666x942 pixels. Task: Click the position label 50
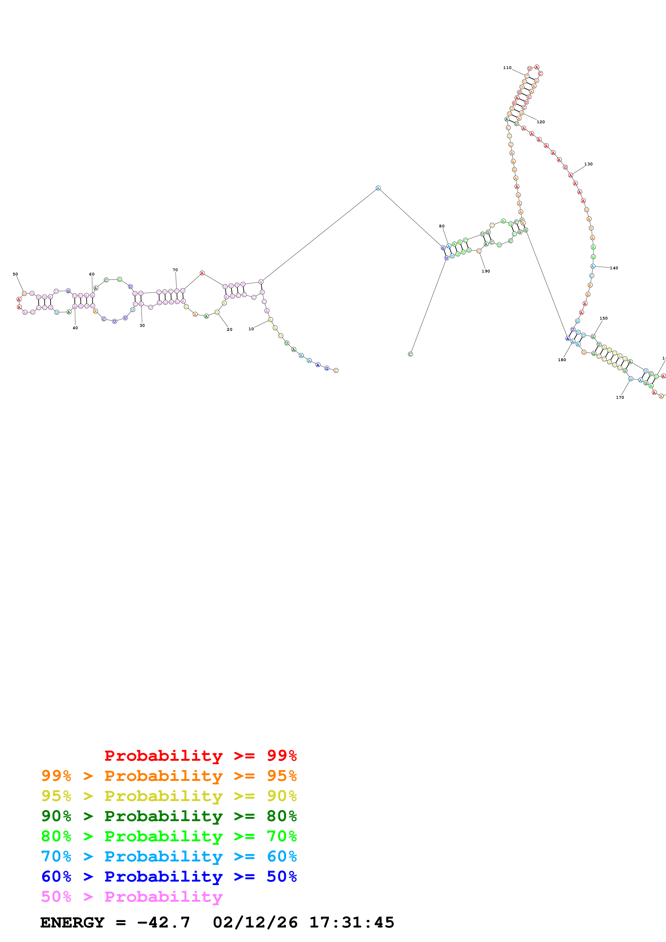coord(15,274)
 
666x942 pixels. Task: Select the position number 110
coord(507,68)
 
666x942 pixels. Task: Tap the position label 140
coord(614,268)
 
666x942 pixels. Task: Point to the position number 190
coord(486,271)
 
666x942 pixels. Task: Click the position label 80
coord(442,226)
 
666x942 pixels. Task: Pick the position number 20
coord(229,329)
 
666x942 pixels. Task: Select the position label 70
coord(175,270)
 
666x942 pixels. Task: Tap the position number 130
coord(588,164)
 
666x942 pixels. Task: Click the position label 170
coord(620,397)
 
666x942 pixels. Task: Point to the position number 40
coord(75,328)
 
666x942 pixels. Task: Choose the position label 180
coord(562,360)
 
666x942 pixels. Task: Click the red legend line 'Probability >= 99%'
coord(200,755)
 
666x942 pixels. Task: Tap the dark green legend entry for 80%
coord(169,816)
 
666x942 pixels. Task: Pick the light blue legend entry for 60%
coord(169,856)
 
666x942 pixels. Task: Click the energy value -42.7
coord(163,922)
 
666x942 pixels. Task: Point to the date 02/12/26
coord(255,922)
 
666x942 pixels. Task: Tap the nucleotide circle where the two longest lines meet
coord(378,188)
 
